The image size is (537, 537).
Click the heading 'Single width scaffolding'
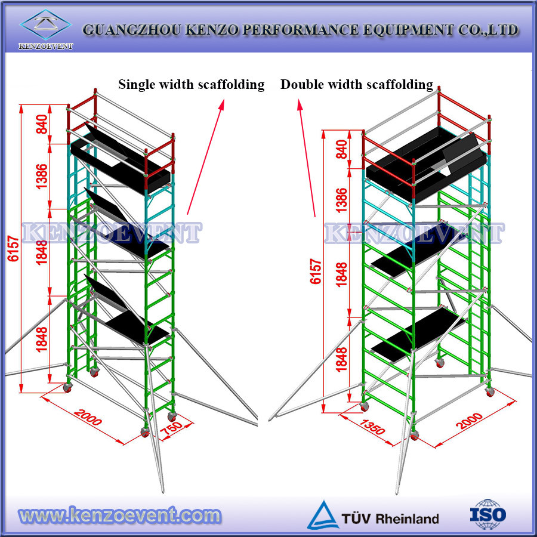191,85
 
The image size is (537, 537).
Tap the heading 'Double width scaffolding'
357,85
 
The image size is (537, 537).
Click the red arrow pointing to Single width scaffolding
206,156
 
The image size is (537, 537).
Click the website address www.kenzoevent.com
119,514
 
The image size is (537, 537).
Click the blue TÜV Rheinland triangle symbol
322,516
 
